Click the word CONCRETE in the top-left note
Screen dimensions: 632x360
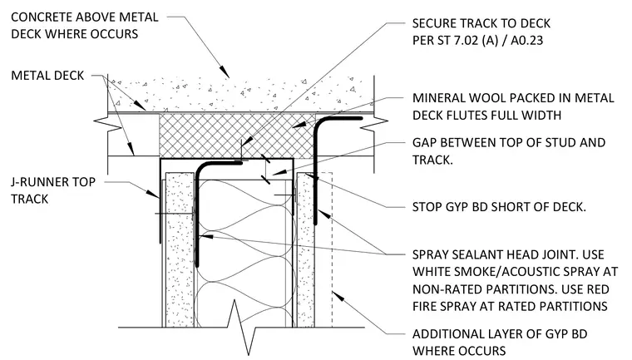click(42, 17)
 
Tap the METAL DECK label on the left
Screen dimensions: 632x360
click(47, 76)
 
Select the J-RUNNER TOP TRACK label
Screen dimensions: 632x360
click(53, 190)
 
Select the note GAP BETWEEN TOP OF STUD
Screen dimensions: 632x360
click(509, 143)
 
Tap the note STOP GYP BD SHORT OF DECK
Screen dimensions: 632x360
click(499, 207)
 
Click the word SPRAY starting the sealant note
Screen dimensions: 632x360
click(431, 254)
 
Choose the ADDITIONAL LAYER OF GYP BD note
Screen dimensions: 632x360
click(500, 343)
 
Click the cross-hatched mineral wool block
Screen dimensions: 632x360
click(236, 136)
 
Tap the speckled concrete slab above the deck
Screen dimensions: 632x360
click(241, 94)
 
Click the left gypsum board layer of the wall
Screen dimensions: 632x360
click(180, 250)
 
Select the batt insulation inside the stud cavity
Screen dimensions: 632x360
click(244, 254)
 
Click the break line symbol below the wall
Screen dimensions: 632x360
click(242, 328)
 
